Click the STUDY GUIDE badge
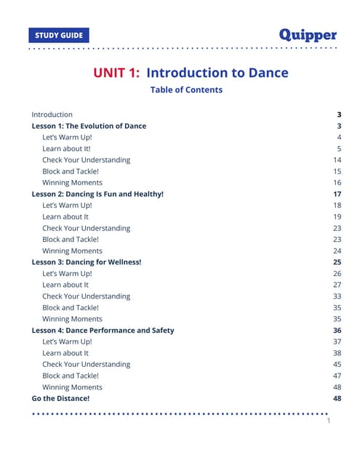coord(59,35)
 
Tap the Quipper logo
coord(308,34)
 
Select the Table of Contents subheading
coord(186,90)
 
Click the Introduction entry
coord(52,115)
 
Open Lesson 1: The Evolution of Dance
coord(89,126)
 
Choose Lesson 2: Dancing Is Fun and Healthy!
coord(97,194)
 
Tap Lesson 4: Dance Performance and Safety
coord(103,331)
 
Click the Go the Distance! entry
coord(60,399)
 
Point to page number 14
coord(337,160)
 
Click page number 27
coord(337,285)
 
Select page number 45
coord(337,365)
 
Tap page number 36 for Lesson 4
coord(337,331)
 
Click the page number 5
coord(339,148)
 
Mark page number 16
coord(337,182)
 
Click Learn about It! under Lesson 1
coord(66,148)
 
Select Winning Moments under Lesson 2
coord(72,251)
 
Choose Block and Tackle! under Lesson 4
coord(70,376)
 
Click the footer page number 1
coord(329,421)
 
